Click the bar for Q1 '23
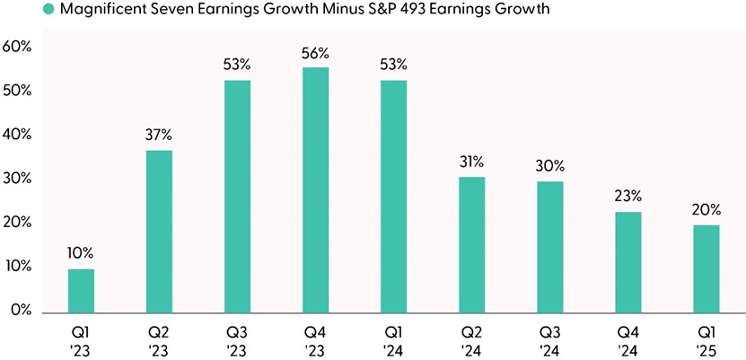pos(81,290)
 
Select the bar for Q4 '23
pos(315,189)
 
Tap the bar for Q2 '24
pos(472,243)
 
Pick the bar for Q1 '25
pos(707,268)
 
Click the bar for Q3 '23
pos(237,196)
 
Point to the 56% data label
pos(315,53)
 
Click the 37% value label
pos(159,135)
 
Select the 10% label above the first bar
pos(81,253)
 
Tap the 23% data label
pos(628,197)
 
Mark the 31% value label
pos(472,162)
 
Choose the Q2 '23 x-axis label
pos(159,340)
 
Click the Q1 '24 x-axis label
pos(393,340)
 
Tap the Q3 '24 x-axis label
pos(550,340)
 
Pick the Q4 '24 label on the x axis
pos(628,340)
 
